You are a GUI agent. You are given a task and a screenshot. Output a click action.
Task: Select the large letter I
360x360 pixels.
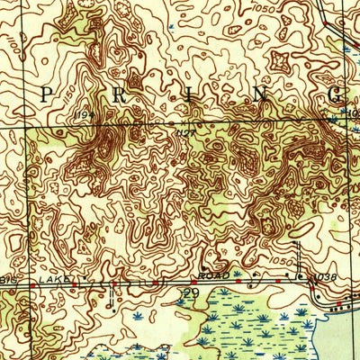tap(186, 94)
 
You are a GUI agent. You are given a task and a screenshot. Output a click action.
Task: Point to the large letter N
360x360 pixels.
tap(261, 94)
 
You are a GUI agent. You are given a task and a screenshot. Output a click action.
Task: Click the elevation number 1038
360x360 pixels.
tap(328, 279)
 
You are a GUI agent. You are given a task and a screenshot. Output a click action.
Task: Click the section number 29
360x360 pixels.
tap(191, 293)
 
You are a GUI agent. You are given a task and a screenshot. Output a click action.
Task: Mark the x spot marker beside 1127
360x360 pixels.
tap(171, 122)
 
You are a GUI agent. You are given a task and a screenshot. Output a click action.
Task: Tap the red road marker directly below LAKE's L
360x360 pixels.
tap(34, 286)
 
